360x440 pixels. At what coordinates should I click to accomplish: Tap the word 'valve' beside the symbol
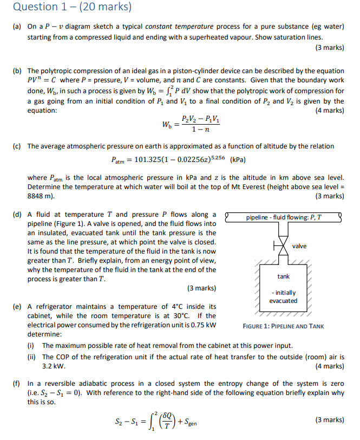pyautogui.click(x=299, y=246)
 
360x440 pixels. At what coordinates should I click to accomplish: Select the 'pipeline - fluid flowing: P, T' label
pyautogui.click(x=283, y=217)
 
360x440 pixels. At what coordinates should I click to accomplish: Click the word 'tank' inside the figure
pyautogui.click(x=284, y=277)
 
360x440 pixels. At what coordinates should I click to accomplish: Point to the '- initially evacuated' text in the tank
pyautogui.click(x=284, y=296)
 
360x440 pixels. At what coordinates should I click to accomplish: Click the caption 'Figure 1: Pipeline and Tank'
pyautogui.click(x=284, y=326)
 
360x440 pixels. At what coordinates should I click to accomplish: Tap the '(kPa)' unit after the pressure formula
pyautogui.click(x=238, y=161)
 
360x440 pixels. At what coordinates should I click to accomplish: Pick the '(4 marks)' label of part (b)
pyautogui.click(x=329, y=111)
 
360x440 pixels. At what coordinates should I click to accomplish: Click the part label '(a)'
pyautogui.click(x=17, y=27)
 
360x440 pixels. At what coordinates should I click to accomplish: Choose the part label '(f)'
pyautogui.click(x=17, y=384)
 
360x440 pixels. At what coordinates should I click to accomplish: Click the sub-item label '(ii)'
pyautogui.click(x=34, y=357)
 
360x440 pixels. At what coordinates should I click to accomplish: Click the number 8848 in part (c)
pyautogui.click(x=36, y=196)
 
